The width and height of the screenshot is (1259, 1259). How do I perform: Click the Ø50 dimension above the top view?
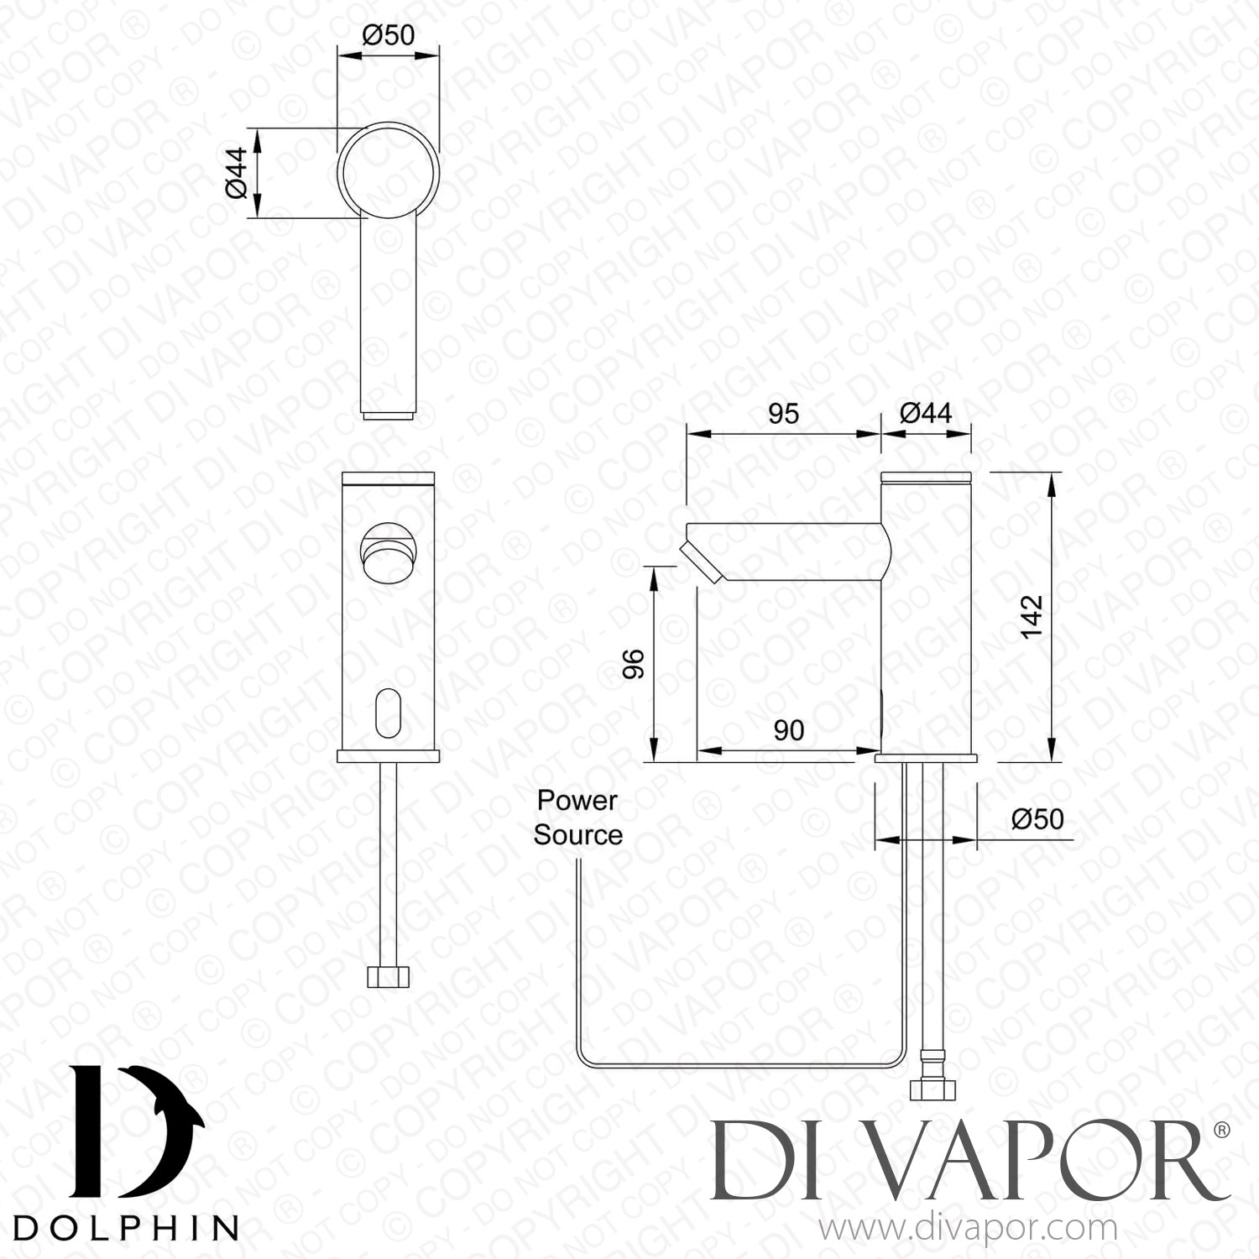[388, 35]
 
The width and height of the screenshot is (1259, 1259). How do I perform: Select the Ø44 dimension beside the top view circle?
[237, 174]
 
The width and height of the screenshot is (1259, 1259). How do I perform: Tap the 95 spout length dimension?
[783, 414]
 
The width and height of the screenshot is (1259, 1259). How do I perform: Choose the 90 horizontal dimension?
[788, 730]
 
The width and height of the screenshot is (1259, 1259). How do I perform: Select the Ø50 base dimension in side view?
[1037, 818]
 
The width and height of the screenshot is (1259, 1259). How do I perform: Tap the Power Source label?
[577, 818]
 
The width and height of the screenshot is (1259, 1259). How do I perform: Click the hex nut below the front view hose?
[389, 976]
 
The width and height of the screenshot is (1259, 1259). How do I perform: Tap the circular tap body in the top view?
[389, 170]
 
